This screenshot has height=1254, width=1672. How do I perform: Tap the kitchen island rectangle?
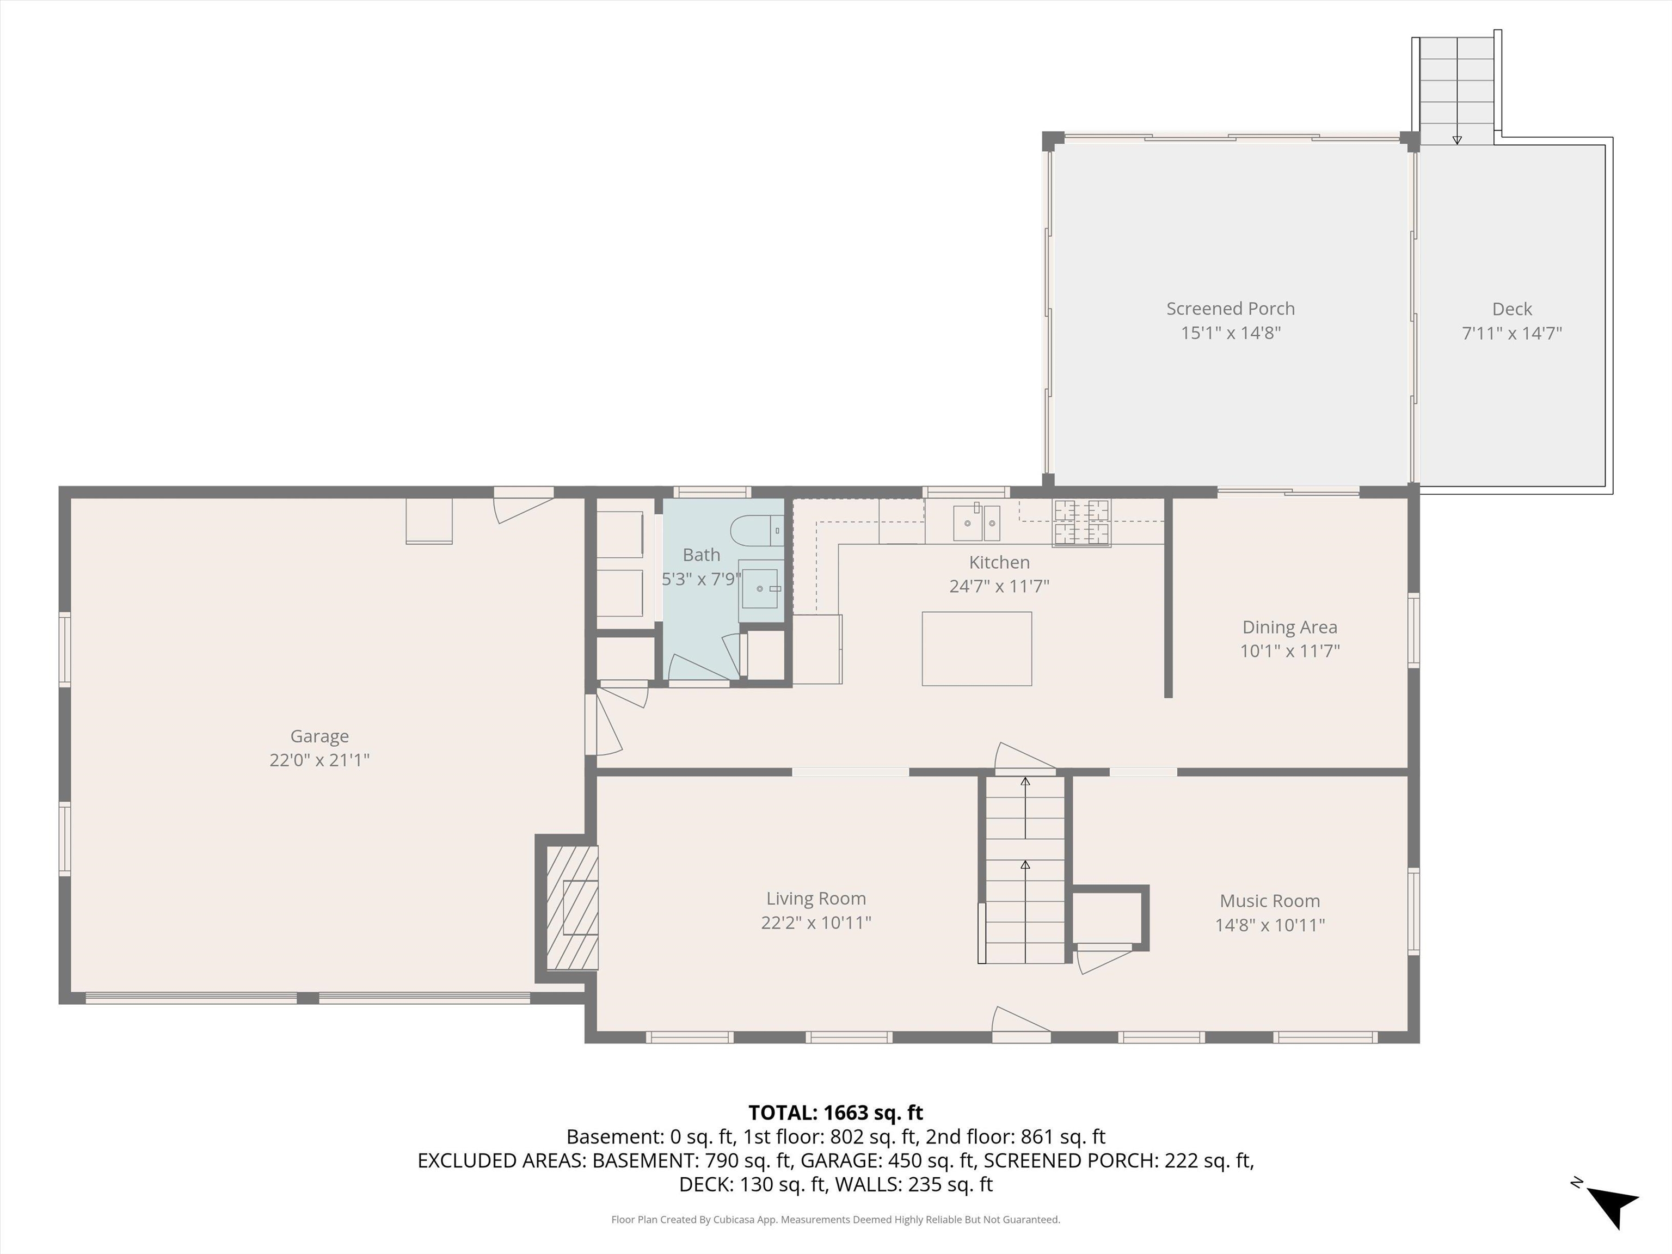[x=976, y=649]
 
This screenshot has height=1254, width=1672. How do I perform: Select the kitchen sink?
[x=976, y=523]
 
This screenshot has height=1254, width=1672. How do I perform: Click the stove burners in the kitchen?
[x=1081, y=523]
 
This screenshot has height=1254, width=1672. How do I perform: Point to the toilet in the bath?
[x=758, y=531]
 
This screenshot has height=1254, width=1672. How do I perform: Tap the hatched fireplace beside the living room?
[x=572, y=908]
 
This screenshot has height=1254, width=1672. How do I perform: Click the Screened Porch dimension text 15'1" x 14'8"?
[x=1231, y=333]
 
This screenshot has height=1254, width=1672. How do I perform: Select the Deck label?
[x=1512, y=309]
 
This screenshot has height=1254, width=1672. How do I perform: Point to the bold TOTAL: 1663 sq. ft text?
[x=835, y=1112]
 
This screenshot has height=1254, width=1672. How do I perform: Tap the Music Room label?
[x=1269, y=900]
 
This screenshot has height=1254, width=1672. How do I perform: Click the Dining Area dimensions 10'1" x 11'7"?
[x=1289, y=651]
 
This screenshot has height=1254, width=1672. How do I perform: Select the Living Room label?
[x=816, y=898]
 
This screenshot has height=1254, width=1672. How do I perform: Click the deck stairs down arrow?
[x=1456, y=139]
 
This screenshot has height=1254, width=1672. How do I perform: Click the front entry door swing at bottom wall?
[x=1021, y=1022]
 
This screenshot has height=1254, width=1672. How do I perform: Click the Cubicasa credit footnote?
[x=835, y=1219]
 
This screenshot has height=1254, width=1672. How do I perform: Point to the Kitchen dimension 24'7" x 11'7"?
[x=999, y=586]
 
